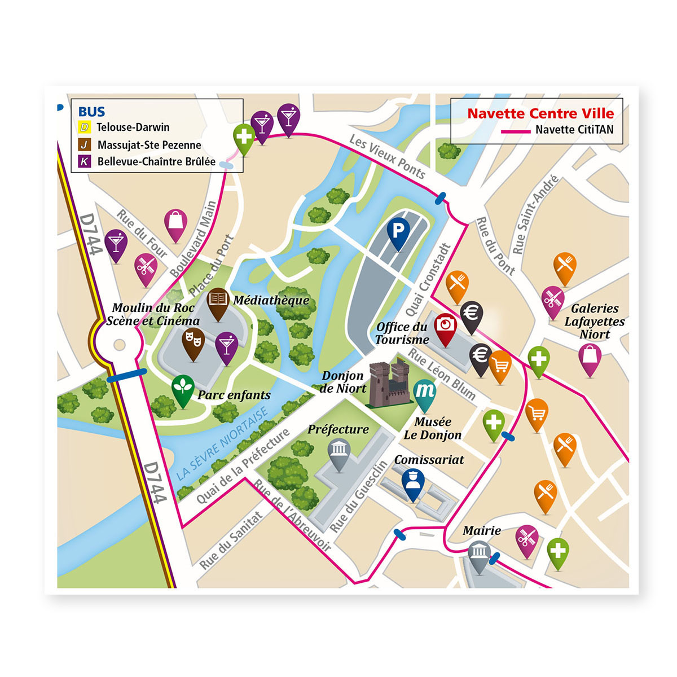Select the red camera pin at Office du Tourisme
click(446, 327)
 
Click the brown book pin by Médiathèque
click(218, 301)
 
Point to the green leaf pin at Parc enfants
click(183, 388)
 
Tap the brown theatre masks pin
click(193, 341)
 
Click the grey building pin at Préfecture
click(339, 452)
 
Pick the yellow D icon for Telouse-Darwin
click(84, 128)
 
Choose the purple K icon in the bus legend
click(84, 161)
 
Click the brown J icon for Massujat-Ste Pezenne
click(84, 145)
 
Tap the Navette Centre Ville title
click(540, 113)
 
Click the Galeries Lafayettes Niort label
click(594, 322)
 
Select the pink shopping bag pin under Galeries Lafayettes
click(590, 357)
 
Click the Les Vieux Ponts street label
click(387, 157)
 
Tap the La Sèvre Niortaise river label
click(222, 445)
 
